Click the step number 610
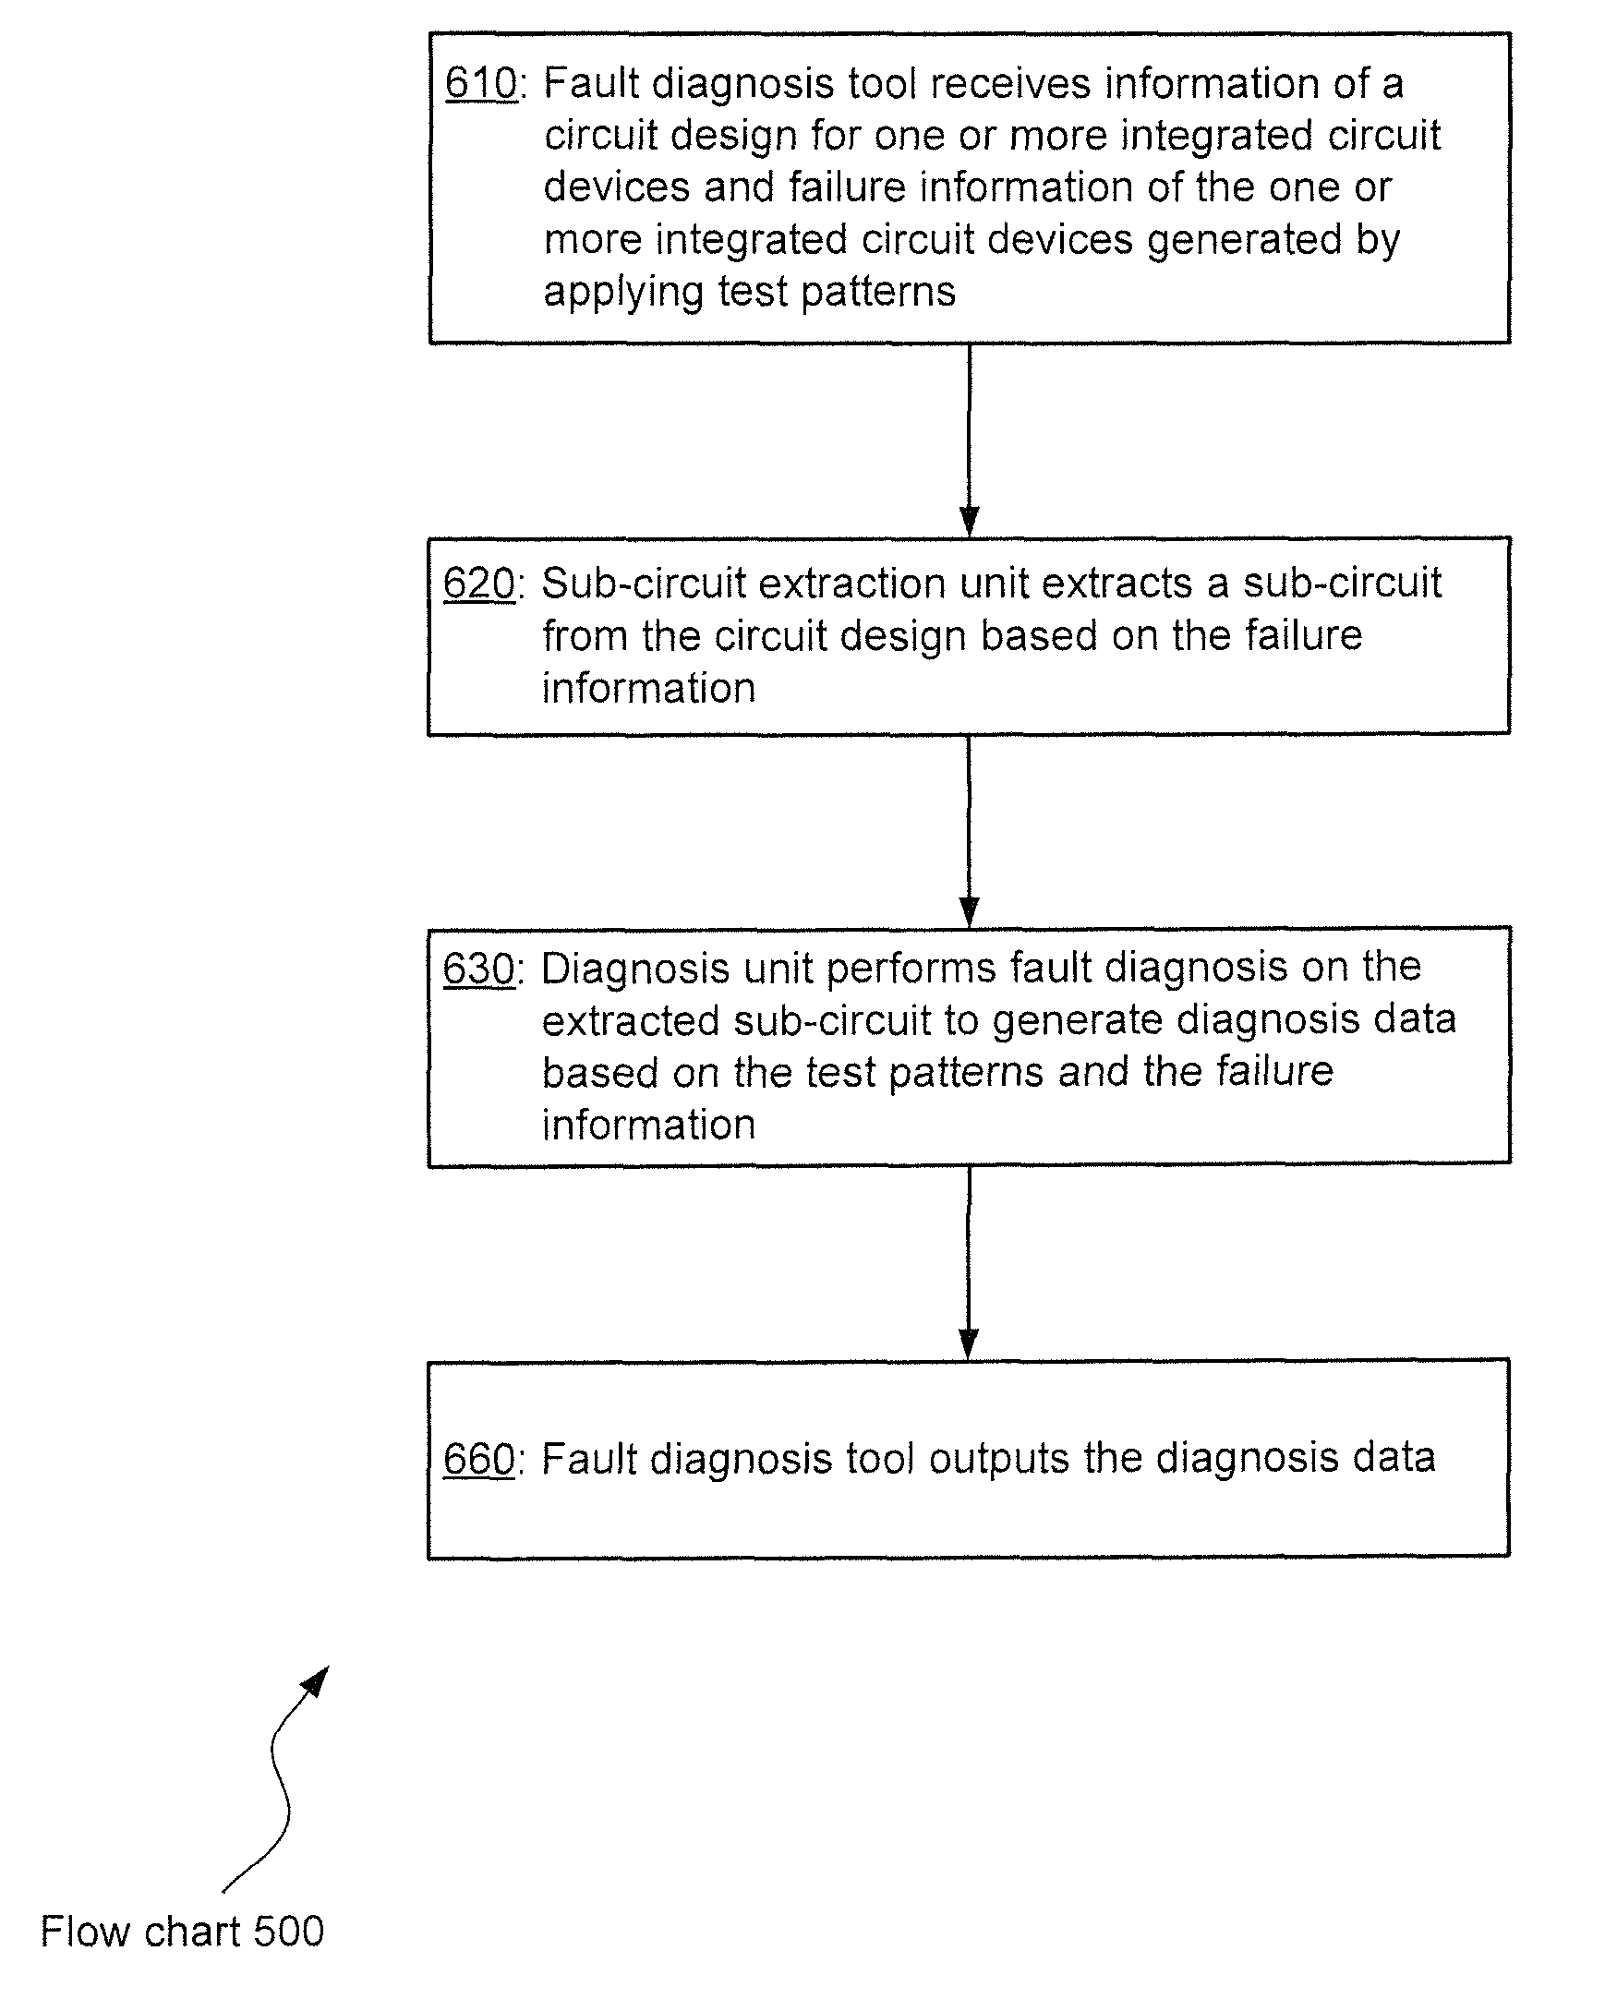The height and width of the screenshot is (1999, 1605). (x=481, y=83)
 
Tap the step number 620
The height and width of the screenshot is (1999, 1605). (x=479, y=584)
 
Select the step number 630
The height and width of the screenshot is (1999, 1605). (x=479, y=969)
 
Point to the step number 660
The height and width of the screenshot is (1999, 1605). (x=479, y=1460)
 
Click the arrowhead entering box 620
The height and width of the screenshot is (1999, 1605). (x=969, y=522)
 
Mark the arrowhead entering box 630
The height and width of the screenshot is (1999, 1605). (x=969, y=912)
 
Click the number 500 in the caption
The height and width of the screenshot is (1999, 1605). (x=288, y=1933)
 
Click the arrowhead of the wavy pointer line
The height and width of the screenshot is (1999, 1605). (x=316, y=1681)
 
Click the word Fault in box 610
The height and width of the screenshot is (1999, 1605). (x=591, y=83)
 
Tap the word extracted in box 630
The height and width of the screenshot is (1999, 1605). (x=631, y=1021)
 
